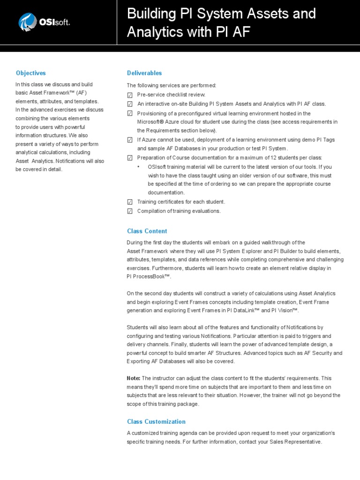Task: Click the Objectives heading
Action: click(30, 73)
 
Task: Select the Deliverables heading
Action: click(144, 73)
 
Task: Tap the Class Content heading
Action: click(147, 231)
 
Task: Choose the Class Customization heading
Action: click(156, 421)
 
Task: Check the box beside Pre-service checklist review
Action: click(130, 95)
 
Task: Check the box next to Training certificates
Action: click(130, 202)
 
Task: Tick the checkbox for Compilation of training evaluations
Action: click(130, 211)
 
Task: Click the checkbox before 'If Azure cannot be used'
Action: click(130, 140)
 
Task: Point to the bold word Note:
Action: click(134, 378)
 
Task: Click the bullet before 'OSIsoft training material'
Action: click(138, 167)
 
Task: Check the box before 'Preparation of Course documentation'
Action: click(130, 158)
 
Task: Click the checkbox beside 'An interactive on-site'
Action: click(130, 104)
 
